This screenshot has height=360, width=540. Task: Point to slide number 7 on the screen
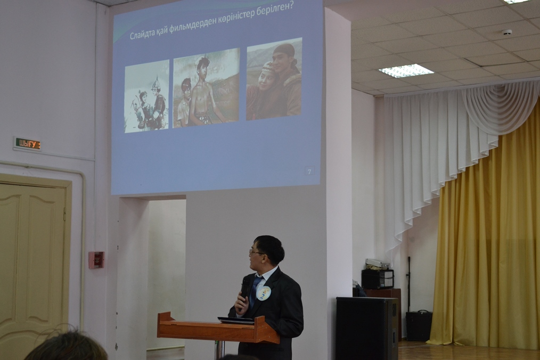click(x=309, y=171)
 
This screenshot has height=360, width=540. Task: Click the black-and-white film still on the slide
click(x=147, y=96)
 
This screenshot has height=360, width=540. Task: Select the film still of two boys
click(x=206, y=88)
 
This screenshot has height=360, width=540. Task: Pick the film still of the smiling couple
click(x=274, y=79)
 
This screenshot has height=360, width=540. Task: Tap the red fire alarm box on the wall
click(x=96, y=260)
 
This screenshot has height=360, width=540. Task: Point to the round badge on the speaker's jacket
click(x=264, y=293)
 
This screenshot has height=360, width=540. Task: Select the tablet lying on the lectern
click(x=236, y=320)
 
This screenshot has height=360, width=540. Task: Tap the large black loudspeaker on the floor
click(x=367, y=328)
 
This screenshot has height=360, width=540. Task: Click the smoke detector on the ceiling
click(x=506, y=32)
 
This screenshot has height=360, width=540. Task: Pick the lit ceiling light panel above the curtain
click(x=406, y=71)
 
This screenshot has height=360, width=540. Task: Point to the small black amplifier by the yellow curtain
click(x=419, y=325)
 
